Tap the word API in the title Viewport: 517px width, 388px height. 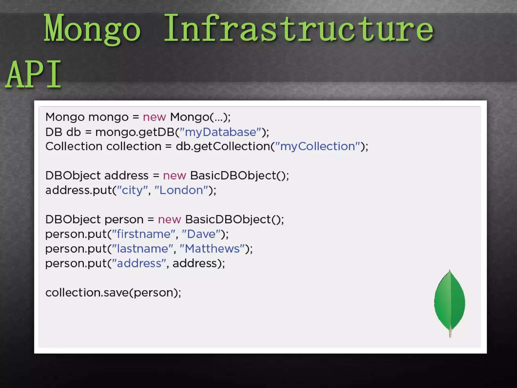point(33,75)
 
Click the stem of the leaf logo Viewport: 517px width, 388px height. point(450,333)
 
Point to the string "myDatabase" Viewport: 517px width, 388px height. point(220,132)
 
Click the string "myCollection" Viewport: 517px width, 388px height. point(318,147)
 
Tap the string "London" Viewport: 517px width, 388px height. point(181,190)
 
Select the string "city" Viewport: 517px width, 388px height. point(132,190)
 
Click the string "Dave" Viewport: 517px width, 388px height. point(201,234)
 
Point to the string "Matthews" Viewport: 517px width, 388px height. point(212,249)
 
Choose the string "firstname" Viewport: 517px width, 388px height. point(143,234)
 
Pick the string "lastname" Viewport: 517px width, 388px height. point(142,249)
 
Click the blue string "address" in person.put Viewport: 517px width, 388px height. point(139,263)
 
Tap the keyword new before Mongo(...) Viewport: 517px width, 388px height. point(154,117)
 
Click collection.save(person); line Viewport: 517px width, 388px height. point(113,293)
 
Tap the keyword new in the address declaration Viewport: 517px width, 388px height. point(174,176)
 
